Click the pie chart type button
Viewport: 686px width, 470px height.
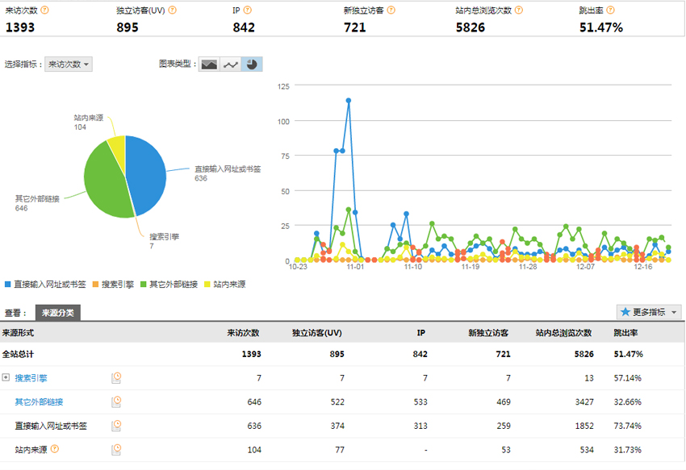pyautogui.click(x=253, y=64)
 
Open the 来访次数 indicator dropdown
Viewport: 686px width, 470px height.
pyautogui.click(x=69, y=64)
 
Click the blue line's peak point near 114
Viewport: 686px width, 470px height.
pyautogui.click(x=349, y=101)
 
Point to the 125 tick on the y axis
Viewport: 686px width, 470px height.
pyautogui.click(x=282, y=85)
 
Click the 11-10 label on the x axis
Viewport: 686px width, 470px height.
pyautogui.click(x=412, y=267)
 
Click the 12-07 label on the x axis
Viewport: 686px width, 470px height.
pyautogui.click(x=585, y=267)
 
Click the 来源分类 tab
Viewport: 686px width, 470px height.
pyautogui.click(x=58, y=313)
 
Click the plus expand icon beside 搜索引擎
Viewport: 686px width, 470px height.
pyautogui.click(x=6, y=377)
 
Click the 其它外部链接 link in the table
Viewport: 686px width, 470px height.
pyautogui.click(x=39, y=401)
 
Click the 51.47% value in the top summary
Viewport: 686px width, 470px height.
pyautogui.click(x=601, y=27)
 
